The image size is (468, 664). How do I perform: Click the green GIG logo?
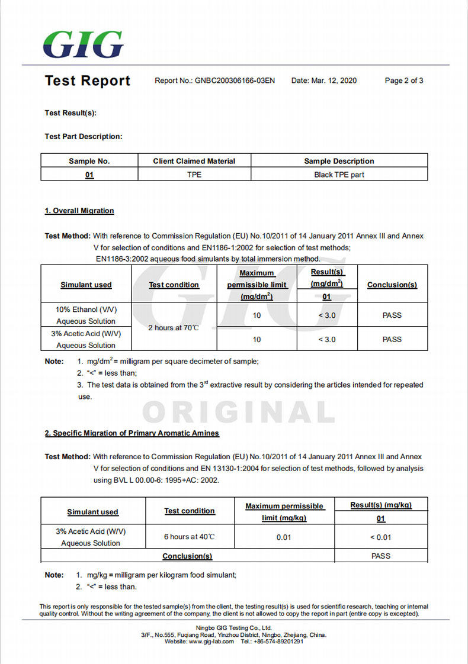tap(84, 44)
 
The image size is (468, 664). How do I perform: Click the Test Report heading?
tap(88, 81)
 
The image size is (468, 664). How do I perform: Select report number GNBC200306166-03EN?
tap(235, 81)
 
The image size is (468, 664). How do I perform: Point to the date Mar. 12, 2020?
tap(334, 81)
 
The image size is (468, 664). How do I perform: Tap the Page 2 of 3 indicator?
tap(404, 81)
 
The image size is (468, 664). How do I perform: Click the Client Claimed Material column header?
tap(194, 161)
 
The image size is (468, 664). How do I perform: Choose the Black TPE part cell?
tap(339, 175)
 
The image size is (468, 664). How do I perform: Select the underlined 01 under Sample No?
tap(89, 175)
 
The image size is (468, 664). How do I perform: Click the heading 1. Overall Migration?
tap(79, 211)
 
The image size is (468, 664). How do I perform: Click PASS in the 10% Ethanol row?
tap(392, 315)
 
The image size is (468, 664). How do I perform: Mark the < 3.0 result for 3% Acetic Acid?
tap(326, 339)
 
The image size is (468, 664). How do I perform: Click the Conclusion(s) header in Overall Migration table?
tap(392, 285)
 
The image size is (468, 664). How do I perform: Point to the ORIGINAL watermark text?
tap(239, 412)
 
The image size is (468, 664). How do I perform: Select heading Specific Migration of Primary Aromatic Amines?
tap(132, 433)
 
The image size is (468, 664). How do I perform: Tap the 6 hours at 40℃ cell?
tap(189, 537)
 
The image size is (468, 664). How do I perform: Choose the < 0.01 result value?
tap(380, 537)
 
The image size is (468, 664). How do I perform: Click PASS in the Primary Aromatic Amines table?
tap(380, 556)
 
